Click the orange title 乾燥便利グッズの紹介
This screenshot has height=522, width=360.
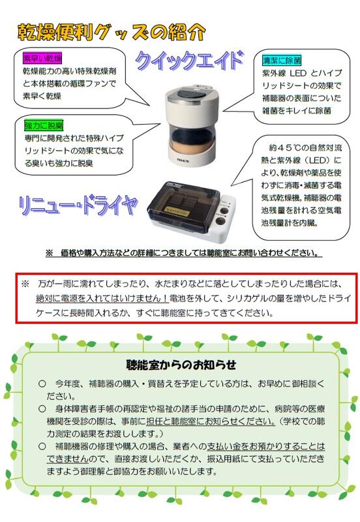click(112, 33)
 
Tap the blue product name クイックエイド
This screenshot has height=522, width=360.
click(189, 61)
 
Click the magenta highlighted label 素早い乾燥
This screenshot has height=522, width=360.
click(42, 58)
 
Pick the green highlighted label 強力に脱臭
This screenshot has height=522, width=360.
click(44, 125)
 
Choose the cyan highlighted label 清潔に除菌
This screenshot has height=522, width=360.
click(282, 60)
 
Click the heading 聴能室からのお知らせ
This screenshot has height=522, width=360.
click(181, 365)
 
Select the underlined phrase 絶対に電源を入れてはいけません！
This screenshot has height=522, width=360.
click(102, 298)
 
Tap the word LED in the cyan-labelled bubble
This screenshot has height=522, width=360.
click(298, 73)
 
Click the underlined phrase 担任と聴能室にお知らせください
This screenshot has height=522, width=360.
click(211, 422)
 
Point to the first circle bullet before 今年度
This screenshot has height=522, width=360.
click(42, 384)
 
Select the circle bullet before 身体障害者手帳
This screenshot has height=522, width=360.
click(42, 409)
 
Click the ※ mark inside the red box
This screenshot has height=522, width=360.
click(25, 284)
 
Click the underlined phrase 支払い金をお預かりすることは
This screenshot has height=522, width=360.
click(266, 446)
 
